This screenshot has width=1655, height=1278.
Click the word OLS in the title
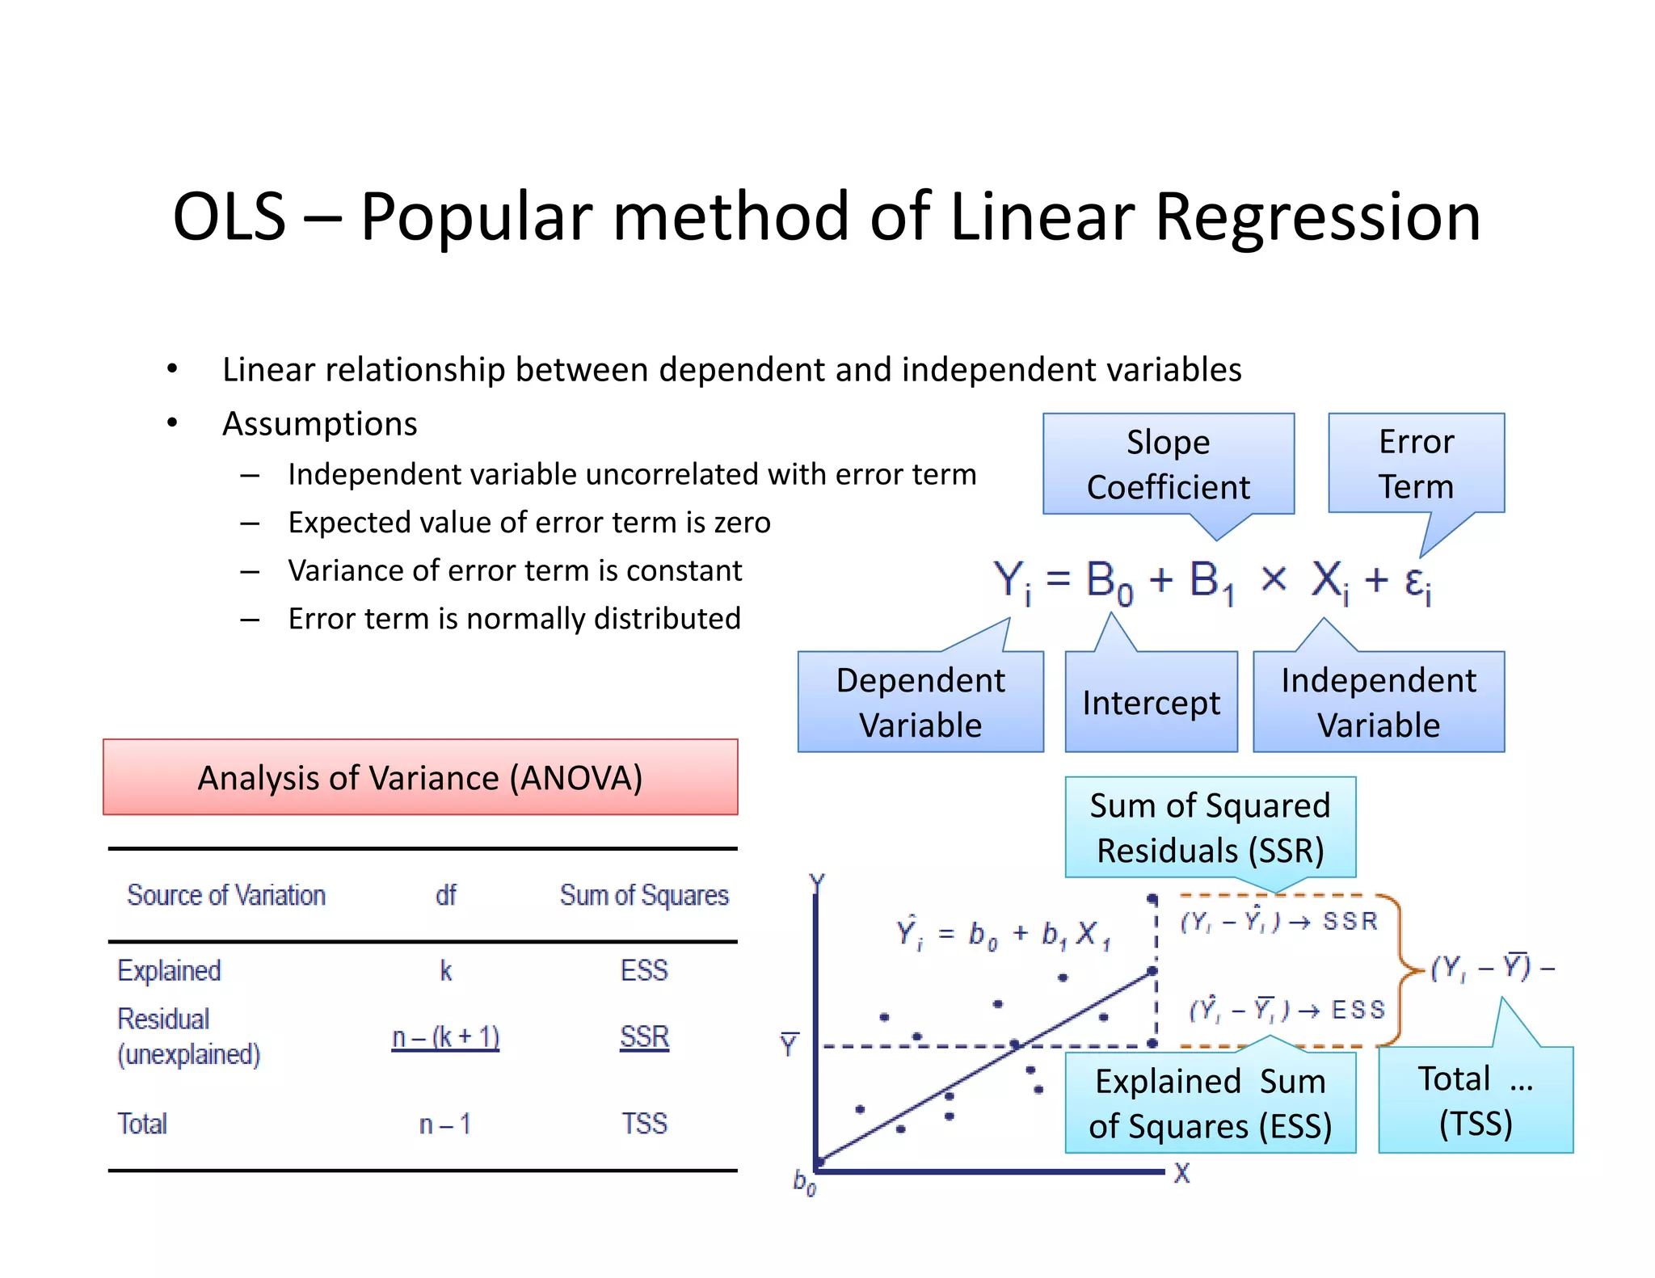point(230,217)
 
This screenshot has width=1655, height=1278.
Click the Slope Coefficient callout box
point(1168,465)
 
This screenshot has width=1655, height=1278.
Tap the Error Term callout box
point(1416,464)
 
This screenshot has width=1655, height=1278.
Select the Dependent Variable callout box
point(920,702)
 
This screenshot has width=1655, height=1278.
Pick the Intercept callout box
point(1151,702)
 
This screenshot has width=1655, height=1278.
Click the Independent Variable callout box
point(1379,702)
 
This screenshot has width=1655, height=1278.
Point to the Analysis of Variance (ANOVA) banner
point(420,777)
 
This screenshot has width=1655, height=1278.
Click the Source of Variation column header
point(226,895)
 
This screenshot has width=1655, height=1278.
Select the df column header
point(445,895)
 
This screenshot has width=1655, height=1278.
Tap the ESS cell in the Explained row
point(644,969)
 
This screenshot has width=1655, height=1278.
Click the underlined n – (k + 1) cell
point(445,1036)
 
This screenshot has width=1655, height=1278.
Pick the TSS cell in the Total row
point(644,1124)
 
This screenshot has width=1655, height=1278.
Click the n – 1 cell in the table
point(445,1124)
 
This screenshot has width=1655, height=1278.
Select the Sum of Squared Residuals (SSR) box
point(1210,827)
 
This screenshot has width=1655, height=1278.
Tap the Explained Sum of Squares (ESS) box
point(1210,1103)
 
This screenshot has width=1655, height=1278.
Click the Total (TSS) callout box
point(1475,1100)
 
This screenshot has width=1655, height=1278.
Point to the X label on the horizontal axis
point(1181,1173)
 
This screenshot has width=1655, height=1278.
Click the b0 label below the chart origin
point(804,1183)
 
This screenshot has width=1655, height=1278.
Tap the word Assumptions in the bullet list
point(320,423)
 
